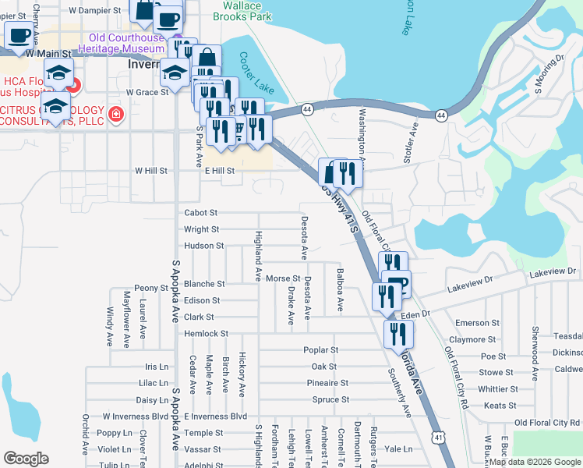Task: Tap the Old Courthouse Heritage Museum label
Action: point(126,43)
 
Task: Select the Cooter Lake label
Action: point(256,73)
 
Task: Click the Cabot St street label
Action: point(200,212)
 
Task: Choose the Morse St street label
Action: point(283,278)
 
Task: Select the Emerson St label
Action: point(477,323)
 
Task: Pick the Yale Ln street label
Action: point(397,449)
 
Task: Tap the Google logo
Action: point(26,459)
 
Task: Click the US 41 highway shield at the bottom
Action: point(440,438)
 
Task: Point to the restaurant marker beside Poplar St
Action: point(398,334)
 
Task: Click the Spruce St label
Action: point(330,400)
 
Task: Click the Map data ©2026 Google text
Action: point(535,462)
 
